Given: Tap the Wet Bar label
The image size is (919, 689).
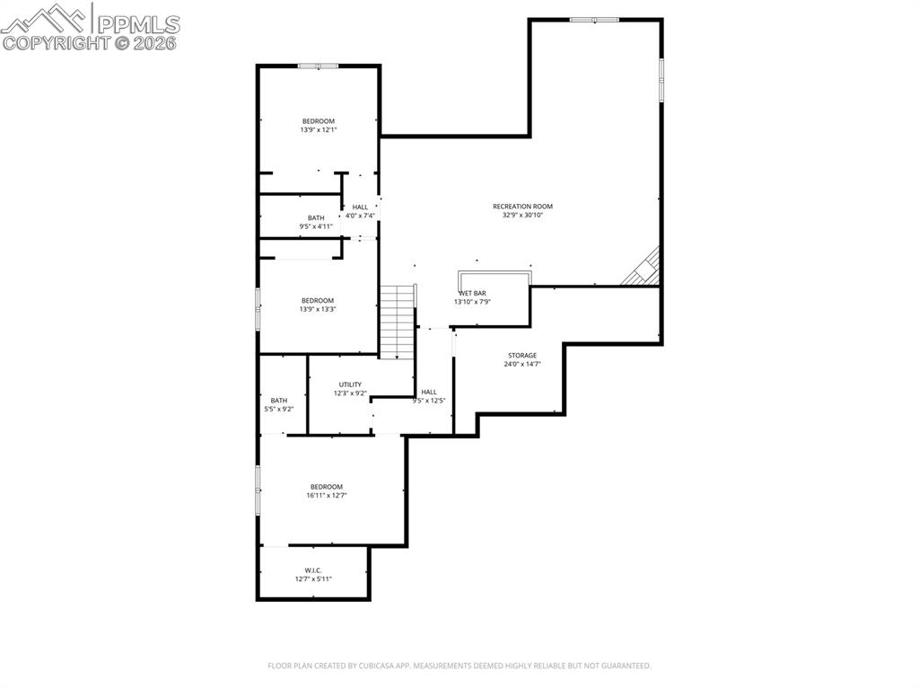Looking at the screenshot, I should (x=472, y=294).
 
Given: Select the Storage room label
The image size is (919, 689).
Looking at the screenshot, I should (x=522, y=356).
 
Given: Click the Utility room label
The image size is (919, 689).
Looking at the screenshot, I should (x=350, y=384).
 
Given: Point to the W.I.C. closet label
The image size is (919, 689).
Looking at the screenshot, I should (x=313, y=570).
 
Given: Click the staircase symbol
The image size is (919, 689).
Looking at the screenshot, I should (x=397, y=322).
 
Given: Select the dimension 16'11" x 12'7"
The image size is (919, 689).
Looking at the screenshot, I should (x=327, y=495).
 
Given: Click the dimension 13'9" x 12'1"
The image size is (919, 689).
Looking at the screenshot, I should (x=318, y=130).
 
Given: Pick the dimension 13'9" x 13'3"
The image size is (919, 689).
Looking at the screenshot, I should (x=318, y=309).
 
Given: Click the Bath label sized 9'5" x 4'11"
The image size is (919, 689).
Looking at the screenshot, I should (x=316, y=217).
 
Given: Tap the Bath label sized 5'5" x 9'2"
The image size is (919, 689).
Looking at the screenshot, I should (x=279, y=401).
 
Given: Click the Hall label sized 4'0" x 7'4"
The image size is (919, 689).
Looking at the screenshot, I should (x=360, y=208).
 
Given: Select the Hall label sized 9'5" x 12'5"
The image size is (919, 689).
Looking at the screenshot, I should (x=429, y=392).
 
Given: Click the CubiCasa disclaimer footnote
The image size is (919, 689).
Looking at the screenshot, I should (x=459, y=666).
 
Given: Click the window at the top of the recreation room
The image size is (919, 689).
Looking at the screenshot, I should (x=594, y=20).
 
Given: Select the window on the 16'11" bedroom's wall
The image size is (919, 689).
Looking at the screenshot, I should (x=258, y=490).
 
